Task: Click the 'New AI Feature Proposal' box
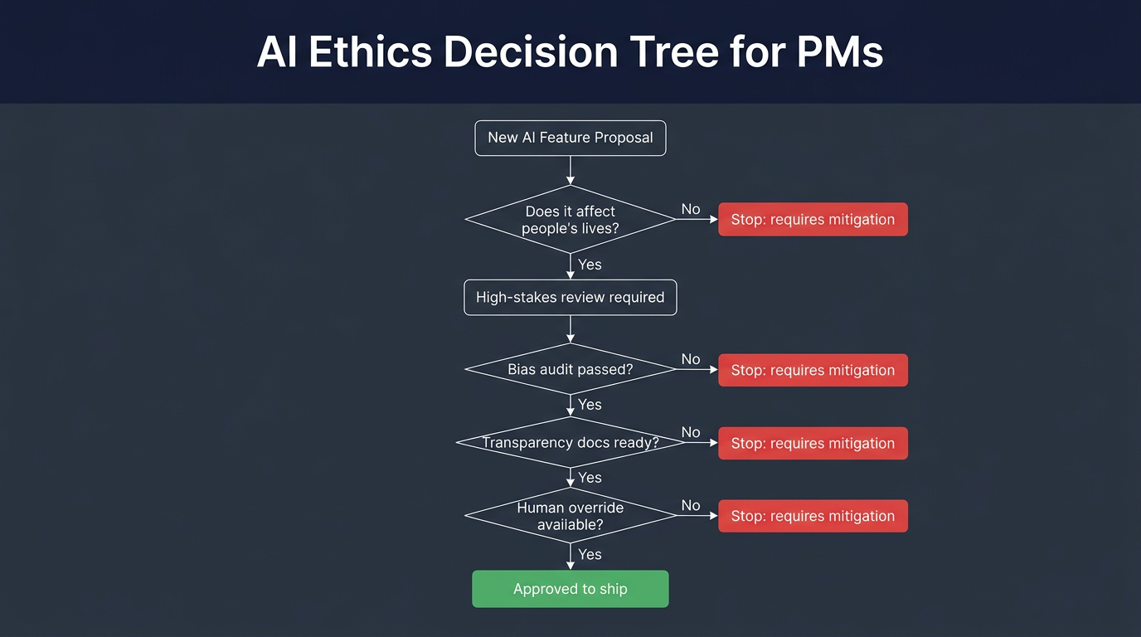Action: [x=570, y=138]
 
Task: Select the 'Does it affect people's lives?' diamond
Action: [x=570, y=219]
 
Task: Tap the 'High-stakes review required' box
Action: [x=570, y=297]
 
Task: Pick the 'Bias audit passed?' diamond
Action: [x=570, y=369]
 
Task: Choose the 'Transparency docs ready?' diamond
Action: [x=570, y=442]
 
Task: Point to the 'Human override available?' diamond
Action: [x=570, y=515]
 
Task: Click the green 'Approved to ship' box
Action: [x=570, y=589]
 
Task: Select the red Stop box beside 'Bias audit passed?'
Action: [x=813, y=370]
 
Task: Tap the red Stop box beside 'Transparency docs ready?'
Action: [x=813, y=443]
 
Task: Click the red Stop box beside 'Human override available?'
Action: [x=813, y=516]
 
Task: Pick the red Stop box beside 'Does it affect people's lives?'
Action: [x=813, y=220]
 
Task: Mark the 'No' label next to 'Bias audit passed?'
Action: [x=691, y=359]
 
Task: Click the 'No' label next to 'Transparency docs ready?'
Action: [x=691, y=432]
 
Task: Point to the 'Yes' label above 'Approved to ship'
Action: [x=590, y=554]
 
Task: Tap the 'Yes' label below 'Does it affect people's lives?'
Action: [x=590, y=265]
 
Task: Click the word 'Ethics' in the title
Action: [x=371, y=52]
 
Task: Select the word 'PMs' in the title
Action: [x=840, y=52]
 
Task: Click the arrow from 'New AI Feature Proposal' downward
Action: [x=570, y=170]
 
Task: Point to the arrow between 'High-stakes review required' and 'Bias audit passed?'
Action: [x=570, y=329]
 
